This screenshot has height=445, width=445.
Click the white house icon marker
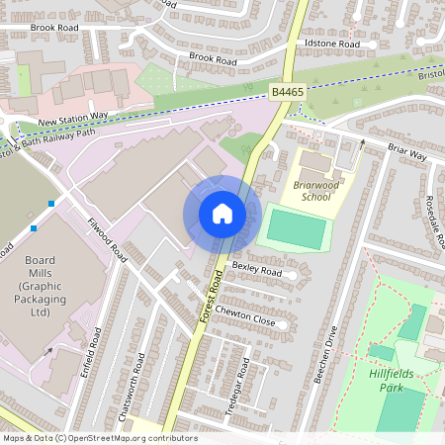(222, 213)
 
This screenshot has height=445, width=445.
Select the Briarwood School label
(319, 190)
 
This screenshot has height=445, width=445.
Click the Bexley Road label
(256, 269)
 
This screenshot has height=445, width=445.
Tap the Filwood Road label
(107, 239)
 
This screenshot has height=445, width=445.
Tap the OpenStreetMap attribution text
(99, 438)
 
